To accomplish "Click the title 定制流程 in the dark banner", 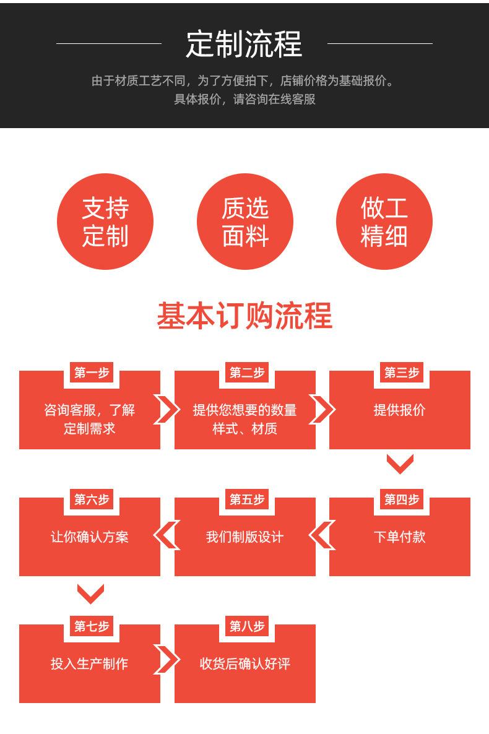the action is pyautogui.click(x=244, y=44).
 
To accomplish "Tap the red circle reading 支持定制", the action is pyautogui.click(x=105, y=222).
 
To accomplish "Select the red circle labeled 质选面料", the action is pyautogui.click(x=244, y=222).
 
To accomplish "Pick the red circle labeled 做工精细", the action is pyautogui.click(x=384, y=222).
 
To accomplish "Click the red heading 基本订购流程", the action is pyautogui.click(x=244, y=316).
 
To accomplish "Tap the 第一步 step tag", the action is pyautogui.click(x=91, y=373).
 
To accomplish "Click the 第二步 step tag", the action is pyautogui.click(x=246, y=373).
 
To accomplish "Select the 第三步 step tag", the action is pyautogui.click(x=401, y=373).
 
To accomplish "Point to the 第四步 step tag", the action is pyautogui.click(x=401, y=499).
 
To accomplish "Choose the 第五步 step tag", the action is pyautogui.click(x=246, y=499).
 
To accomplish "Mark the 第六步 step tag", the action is pyautogui.click(x=91, y=499).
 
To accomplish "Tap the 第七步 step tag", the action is pyautogui.click(x=91, y=626).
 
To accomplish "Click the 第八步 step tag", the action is pyautogui.click(x=246, y=626).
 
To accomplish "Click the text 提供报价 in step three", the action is pyautogui.click(x=399, y=410).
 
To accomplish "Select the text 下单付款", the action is pyautogui.click(x=399, y=537).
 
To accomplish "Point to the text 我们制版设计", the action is pyautogui.click(x=244, y=537).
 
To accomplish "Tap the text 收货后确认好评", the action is pyautogui.click(x=244, y=664).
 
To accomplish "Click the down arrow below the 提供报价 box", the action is pyautogui.click(x=400, y=464).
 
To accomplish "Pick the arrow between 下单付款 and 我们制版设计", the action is pyautogui.click(x=322, y=536).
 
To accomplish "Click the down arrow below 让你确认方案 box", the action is pyautogui.click(x=90, y=594).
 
